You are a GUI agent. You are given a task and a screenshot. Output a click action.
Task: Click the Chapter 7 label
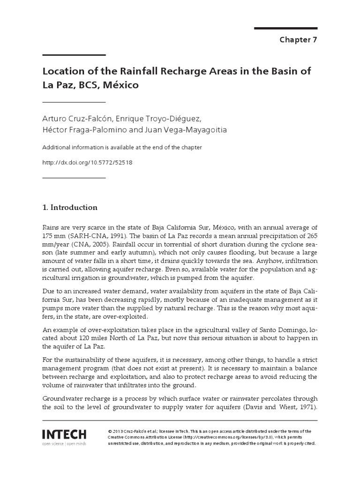(299, 39)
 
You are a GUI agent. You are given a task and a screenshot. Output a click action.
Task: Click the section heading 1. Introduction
(70, 207)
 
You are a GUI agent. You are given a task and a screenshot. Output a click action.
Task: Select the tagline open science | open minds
(64, 443)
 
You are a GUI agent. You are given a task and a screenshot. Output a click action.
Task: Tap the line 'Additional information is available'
(122, 147)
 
